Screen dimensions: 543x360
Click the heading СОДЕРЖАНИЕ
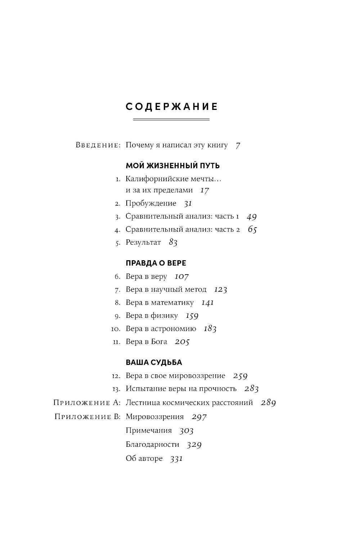click(x=172, y=107)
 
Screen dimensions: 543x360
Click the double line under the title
click(x=171, y=119)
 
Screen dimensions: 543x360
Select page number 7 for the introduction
click(x=238, y=145)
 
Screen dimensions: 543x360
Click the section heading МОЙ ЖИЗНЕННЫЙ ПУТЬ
click(x=172, y=166)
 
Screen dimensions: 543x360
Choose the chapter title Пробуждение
click(x=151, y=203)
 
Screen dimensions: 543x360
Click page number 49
click(x=252, y=217)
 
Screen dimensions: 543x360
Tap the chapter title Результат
click(x=143, y=242)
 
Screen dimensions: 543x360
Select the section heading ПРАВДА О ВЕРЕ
click(x=156, y=263)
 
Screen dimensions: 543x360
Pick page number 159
click(x=192, y=316)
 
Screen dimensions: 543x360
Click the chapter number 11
click(x=116, y=342)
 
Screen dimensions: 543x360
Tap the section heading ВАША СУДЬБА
click(x=154, y=362)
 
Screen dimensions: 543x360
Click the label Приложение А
click(x=87, y=403)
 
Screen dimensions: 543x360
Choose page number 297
click(x=199, y=417)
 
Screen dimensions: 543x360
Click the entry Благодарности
click(x=152, y=445)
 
